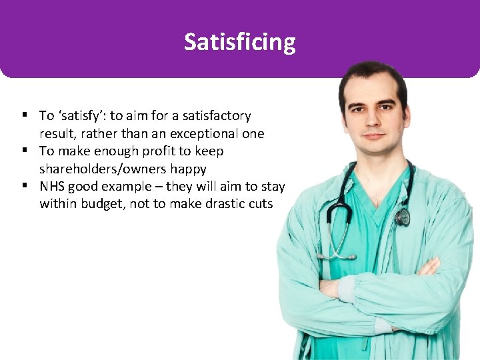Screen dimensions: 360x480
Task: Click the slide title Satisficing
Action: tap(240, 42)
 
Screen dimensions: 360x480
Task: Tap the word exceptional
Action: tap(202, 133)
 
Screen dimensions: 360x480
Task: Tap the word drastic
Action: tap(223, 203)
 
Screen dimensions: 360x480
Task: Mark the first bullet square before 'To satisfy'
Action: tap(23, 116)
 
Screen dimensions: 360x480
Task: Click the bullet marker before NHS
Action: tap(23, 186)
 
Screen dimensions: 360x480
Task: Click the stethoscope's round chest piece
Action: tap(403, 217)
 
